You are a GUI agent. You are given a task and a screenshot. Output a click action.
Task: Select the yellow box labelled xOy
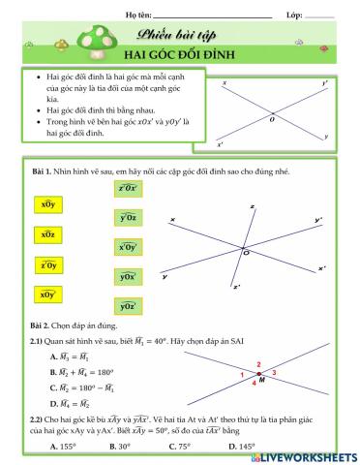46,205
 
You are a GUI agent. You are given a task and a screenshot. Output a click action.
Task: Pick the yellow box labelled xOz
46,235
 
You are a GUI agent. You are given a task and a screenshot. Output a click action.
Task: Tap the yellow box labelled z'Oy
46,264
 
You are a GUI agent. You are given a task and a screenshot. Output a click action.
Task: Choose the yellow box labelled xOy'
46,294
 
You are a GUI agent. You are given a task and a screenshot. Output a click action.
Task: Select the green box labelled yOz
127,219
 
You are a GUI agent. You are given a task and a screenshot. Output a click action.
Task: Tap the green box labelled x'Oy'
127,247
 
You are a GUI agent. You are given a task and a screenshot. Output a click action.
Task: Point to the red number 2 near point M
258,366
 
